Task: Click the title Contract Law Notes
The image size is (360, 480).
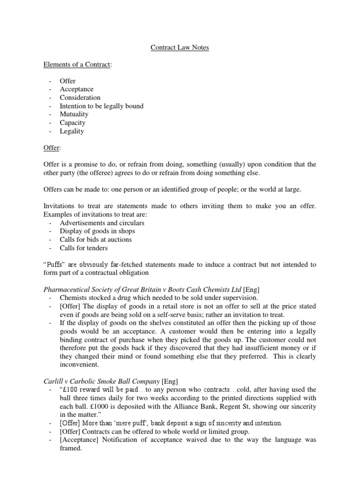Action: coord(180,47)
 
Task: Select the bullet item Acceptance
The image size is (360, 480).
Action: coord(76,89)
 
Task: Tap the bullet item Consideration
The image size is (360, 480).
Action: coord(80,97)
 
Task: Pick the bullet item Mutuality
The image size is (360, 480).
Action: coord(74,114)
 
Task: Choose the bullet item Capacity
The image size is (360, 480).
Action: coord(72,122)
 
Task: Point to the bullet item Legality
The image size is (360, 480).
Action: coord(72,131)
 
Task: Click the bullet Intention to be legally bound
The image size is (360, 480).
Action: coord(101,106)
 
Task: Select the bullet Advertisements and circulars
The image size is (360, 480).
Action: coord(102,223)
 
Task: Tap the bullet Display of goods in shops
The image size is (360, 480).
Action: coord(97,231)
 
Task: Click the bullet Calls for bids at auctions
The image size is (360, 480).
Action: coord(96,240)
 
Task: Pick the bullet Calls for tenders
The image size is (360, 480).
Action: coord(83,248)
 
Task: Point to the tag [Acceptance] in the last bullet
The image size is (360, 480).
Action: coord(79,440)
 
